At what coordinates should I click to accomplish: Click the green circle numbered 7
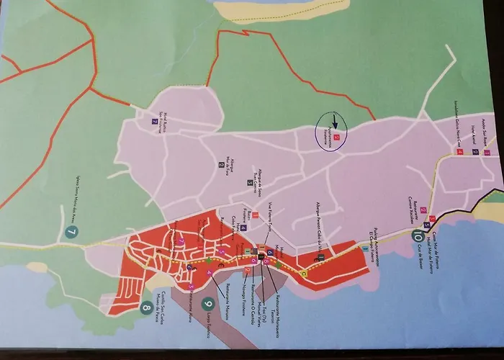pos(71,232)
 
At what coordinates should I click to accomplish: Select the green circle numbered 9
pos(208,304)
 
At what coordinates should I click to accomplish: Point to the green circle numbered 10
pos(417,233)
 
